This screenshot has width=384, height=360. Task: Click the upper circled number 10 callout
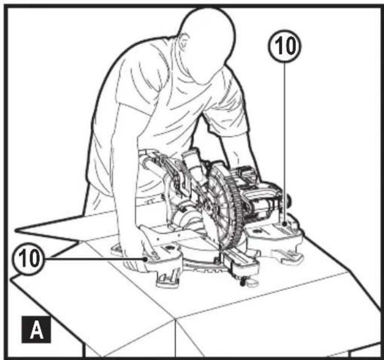(x=285, y=46)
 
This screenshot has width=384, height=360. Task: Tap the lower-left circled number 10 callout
(x=28, y=259)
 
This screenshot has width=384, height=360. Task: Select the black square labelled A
(x=36, y=329)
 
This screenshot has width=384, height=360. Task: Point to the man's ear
(x=183, y=41)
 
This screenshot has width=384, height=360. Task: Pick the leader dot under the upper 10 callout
(x=285, y=224)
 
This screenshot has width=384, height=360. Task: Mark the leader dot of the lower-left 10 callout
(x=146, y=259)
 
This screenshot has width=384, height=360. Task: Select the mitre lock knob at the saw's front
(x=243, y=282)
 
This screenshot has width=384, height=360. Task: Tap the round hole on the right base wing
(x=258, y=231)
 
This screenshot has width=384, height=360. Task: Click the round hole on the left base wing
(x=169, y=248)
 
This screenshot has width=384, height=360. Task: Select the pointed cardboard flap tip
(x=16, y=231)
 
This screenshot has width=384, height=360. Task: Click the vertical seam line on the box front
(x=176, y=338)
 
